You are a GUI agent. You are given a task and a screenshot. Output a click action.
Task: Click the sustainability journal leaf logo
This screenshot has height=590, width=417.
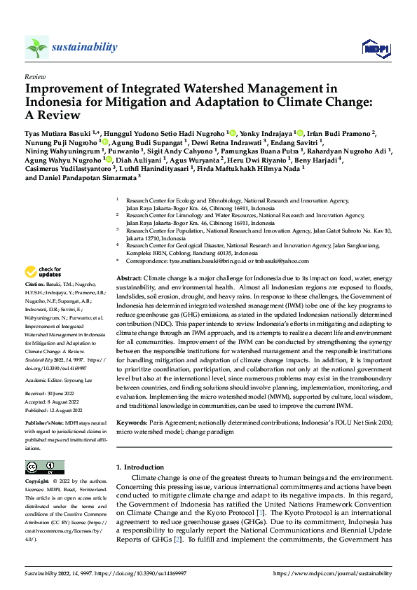[x=36, y=47]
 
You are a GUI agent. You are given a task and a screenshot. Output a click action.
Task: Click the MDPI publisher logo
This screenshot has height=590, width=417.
[x=375, y=48]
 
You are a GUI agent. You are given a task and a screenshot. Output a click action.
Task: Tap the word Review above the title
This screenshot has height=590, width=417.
[x=34, y=76]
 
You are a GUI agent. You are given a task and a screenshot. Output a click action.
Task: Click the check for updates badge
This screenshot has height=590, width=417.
[x=43, y=272]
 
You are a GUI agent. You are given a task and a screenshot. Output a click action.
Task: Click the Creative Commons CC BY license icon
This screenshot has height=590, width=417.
[x=44, y=467]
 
